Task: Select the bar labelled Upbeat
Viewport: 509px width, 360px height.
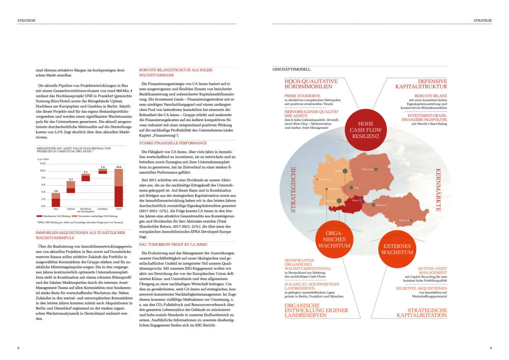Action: pos(71,187)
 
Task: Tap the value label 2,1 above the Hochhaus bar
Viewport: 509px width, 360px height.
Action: pos(86,172)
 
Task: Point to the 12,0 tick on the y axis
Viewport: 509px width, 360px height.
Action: pos(42,163)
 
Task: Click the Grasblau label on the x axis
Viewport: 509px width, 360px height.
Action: pos(102,209)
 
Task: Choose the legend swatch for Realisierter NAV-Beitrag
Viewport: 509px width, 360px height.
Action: pos(40,216)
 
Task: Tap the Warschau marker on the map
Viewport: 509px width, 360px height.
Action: pos(376,169)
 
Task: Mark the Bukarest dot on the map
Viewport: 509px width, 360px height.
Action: pos(411,220)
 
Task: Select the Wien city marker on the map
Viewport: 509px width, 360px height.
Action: pos(360,200)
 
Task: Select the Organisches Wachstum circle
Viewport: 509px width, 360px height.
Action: pos(334,240)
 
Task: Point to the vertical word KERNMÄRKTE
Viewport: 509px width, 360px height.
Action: pos(437,190)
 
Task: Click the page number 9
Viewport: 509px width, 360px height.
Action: pos(490,347)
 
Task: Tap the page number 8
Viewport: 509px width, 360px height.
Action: pos(18,347)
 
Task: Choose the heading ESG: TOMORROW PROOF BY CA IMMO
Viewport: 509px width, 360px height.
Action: pos(173,245)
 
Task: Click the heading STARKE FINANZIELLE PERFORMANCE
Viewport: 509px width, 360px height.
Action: pos(169,143)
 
